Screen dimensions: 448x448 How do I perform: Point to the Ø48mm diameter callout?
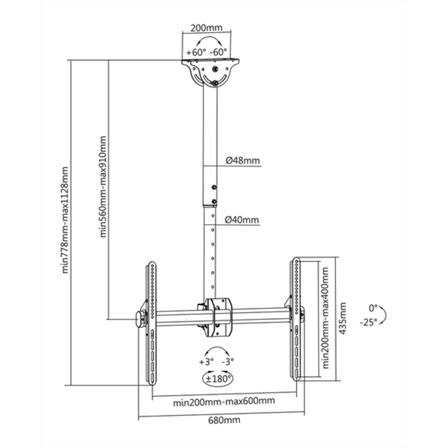[x=242, y=161]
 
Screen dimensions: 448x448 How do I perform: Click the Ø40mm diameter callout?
[x=242, y=220]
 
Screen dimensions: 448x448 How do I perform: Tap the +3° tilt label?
[x=206, y=362]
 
